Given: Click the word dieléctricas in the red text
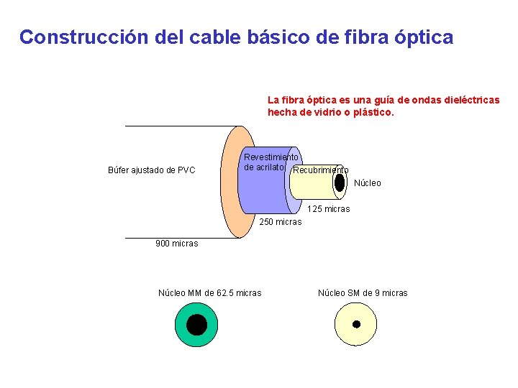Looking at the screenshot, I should (468, 101).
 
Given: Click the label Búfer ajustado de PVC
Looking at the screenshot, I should (151, 170).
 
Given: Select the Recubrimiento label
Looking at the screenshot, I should (321, 170).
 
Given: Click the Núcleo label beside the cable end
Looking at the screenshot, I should (368, 183).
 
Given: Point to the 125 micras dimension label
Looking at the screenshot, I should (329, 209).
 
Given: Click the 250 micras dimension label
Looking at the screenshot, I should (281, 222).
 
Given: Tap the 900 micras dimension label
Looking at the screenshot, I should (177, 244).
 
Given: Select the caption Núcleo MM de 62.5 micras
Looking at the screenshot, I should (210, 292).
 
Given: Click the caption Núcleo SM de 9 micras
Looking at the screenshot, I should (363, 292).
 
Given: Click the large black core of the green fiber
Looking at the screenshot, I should (196, 324).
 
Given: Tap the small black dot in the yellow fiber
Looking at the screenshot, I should (355, 324).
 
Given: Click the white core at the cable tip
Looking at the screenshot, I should (339, 185).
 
